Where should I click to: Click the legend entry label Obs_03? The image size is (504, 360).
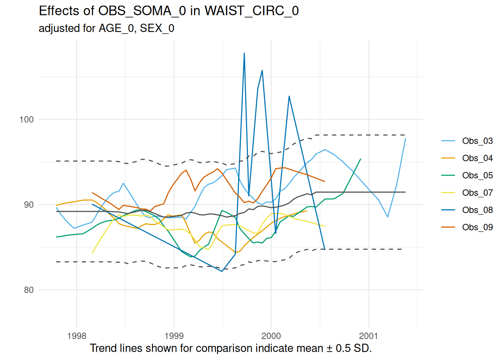[x=477, y=141]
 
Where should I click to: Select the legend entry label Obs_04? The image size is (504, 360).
[x=477, y=158]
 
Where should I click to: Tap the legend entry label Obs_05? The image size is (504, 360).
[x=477, y=175]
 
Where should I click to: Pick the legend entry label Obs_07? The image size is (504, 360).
[x=477, y=193]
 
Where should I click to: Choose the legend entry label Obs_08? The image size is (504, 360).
[x=477, y=210]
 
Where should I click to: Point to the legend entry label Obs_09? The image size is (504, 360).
[x=477, y=227]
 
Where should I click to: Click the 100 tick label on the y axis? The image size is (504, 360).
[x=26, y=120]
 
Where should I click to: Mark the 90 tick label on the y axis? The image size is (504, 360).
[x=28, y=205]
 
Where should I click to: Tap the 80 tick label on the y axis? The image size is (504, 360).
[x=28, y=290]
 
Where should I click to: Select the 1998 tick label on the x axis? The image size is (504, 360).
[x=76, y=336]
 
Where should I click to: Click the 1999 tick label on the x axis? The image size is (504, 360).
[x=174, y=336]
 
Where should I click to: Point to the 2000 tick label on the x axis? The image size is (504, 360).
[x=271, y=336]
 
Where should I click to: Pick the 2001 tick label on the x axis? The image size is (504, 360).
[x=369, y=336]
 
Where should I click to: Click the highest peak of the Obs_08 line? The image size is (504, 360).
[x=244, y=53]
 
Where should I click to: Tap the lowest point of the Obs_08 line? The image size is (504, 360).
[x=222, y=271]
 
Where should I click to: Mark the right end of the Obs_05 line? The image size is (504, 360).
[x=361, y=159]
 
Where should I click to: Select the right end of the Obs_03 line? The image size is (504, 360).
[x=405, y=138]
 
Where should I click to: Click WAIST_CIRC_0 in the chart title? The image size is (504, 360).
[x=252, y=11]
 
